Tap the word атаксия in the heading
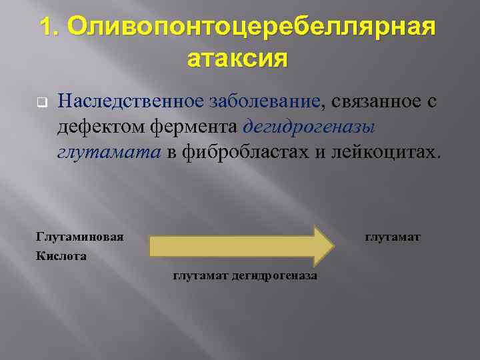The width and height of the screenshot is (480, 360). tap(238, 59)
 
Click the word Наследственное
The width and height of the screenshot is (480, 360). tap(131, 101)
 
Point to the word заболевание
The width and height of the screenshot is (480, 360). tap(265, 101)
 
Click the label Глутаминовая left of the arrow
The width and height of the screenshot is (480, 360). tap(79, 236)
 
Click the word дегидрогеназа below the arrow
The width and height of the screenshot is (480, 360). tap(274, 275)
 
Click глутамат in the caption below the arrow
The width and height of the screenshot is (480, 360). tap(200, 275)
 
